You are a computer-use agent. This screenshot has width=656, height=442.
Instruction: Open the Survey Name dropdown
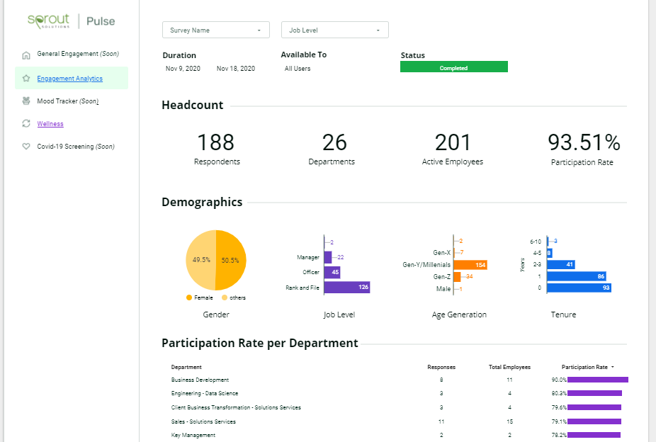coord(215,30)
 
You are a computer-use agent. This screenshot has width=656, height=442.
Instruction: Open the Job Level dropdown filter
coord(334,30)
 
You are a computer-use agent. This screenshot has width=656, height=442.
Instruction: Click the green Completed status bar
coord(453,67)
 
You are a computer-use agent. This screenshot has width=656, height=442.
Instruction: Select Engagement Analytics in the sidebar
coord(69,79)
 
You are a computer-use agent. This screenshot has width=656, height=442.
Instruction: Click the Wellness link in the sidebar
coord(50,124)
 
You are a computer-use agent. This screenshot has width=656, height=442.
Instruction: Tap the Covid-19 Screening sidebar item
coord(75,147)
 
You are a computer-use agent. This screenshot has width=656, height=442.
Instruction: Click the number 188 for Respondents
coord(216,142)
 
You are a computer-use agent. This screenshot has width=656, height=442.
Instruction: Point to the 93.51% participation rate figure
coord(584,142)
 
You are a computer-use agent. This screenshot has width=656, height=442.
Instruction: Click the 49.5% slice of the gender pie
coord(200,260)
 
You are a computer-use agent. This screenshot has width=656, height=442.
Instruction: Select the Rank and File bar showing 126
coord(346,288)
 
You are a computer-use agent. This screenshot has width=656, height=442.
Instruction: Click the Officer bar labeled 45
coord(332,273)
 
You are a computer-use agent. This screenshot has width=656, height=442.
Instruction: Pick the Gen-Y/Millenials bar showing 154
coord(469,265)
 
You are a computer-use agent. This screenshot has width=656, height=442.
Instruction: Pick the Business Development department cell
coord(200,380)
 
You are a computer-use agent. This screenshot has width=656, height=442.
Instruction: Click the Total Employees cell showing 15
coord(509,421)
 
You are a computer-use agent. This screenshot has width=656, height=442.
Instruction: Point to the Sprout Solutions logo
coord(49,21)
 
